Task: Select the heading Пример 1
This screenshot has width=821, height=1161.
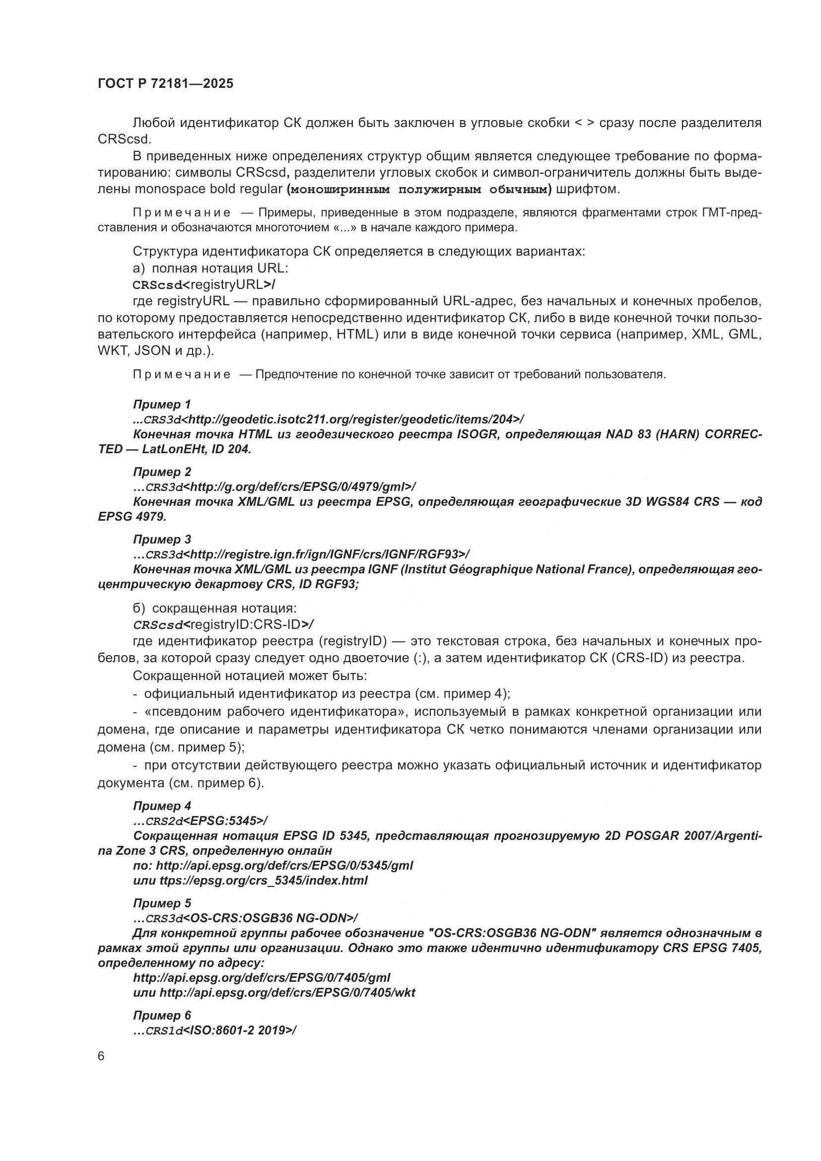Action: pyautogui.click(x=162, y=404)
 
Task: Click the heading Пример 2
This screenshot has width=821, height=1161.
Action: pyautogui.click(x=162, y=472)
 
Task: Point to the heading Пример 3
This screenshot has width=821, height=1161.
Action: pyautogui.click(x=162, y=539)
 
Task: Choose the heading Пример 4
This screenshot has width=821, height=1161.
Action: pyautogui.click(x=162, y=806)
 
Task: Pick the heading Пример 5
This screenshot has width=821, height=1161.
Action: pyautogui.click(x=162, y=902)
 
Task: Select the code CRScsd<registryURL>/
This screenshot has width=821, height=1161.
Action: pyautogui.click(x=204, y=284)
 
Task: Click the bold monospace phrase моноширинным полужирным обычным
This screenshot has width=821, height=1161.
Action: pyautogui.click(x=418, y=190)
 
